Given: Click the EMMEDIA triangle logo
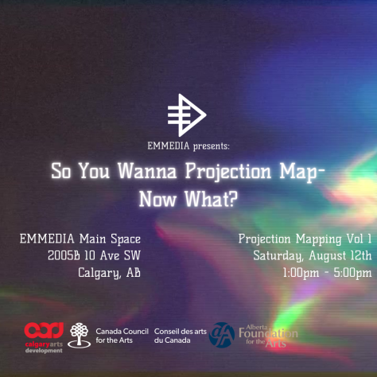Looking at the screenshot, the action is coord(187,115).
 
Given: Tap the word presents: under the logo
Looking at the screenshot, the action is coord(212,146).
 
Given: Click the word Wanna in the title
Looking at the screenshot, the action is coord(147,171).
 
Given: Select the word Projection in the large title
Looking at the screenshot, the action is coord(228,173).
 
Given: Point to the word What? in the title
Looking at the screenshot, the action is coord(212,199).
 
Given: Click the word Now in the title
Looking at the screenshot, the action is coord(157,200).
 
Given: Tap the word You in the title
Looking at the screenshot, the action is coord(94,171).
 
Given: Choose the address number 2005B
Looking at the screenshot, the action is coord(64,255).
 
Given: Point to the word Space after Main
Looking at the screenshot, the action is coord(126,239).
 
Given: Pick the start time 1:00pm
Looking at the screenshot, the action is coord(301,273).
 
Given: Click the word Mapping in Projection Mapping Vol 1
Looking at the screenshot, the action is coord(318,239).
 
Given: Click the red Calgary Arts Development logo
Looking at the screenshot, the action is coord(44,337).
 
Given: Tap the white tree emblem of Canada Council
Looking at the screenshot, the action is coord(79,336).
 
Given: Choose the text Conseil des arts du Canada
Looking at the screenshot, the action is coord(181,336).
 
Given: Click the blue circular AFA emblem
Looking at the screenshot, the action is coord(222,335).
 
